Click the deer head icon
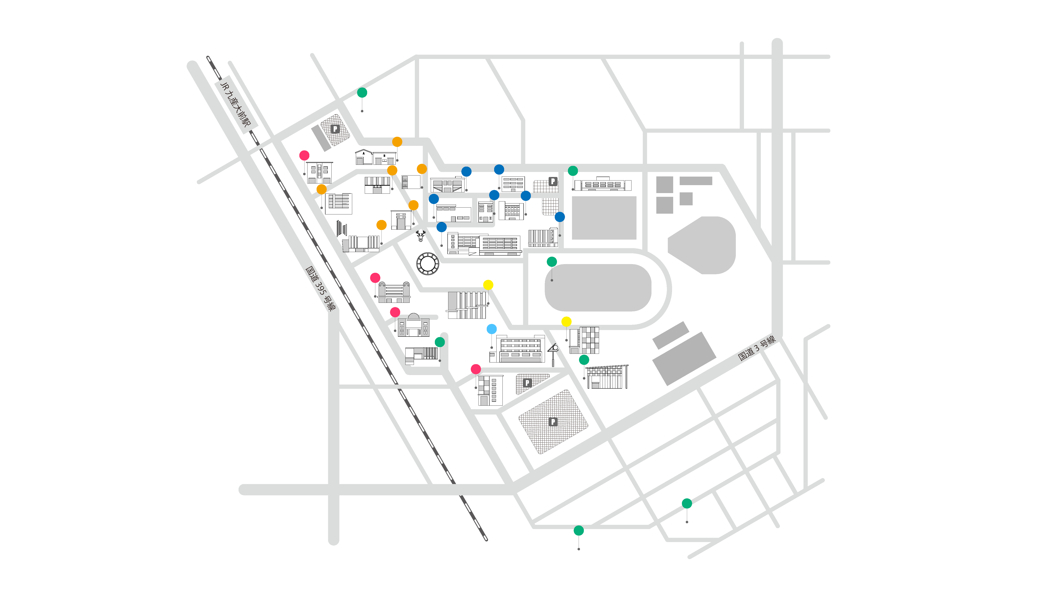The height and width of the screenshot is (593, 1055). [x=421, y=236]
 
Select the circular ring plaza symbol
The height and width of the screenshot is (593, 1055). [x=428, y=263]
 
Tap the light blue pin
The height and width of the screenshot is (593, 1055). [x=492, y=329]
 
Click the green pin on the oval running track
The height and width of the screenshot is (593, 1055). [x=552, y=262]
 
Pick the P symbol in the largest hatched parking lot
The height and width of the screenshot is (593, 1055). [x=553, y=422]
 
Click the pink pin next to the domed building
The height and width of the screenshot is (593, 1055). [x=395, y=312]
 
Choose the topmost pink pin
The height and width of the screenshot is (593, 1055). [x=304, y=155]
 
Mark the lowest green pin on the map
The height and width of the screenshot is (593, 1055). [x=578, y=531]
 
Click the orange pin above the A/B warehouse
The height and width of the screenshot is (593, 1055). [x=397, y=142]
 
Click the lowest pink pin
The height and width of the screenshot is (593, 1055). [x=475, y=369]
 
